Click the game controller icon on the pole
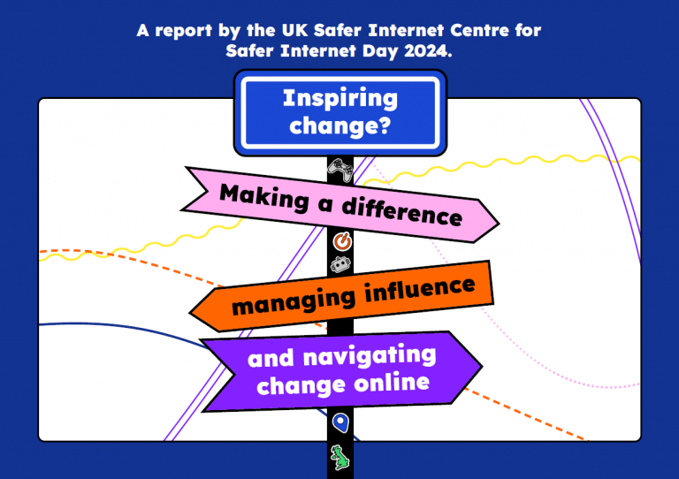[340, 170]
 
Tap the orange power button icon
[342, 241]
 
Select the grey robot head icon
[340, 265]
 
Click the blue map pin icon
[340, 422]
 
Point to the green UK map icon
[340, 458]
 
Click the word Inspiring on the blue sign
[340, 99]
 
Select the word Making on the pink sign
[264, 197]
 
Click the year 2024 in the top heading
[428, 51]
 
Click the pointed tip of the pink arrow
[499, 224]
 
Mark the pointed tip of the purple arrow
[482, 366]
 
